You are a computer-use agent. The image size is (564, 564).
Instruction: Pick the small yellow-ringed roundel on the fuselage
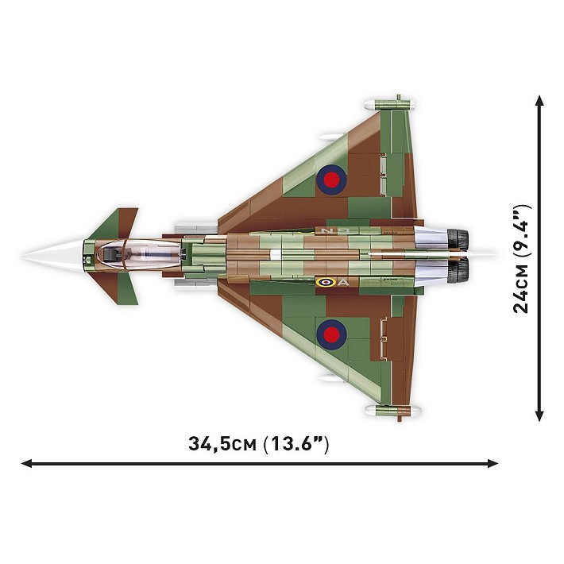click(325, 282)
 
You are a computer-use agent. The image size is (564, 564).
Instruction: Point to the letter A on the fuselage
click(343, 282)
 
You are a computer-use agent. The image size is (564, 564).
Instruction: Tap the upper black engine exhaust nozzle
click(458, 238)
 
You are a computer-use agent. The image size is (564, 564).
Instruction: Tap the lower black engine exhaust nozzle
click(458, 272)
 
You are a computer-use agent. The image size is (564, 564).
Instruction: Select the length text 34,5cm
click(222, 444)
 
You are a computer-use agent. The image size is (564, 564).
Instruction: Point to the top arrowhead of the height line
click(540, 101)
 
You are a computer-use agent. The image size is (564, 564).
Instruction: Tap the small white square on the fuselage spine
click(275, 255)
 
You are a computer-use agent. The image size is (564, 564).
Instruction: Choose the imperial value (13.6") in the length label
click(296, 444)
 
